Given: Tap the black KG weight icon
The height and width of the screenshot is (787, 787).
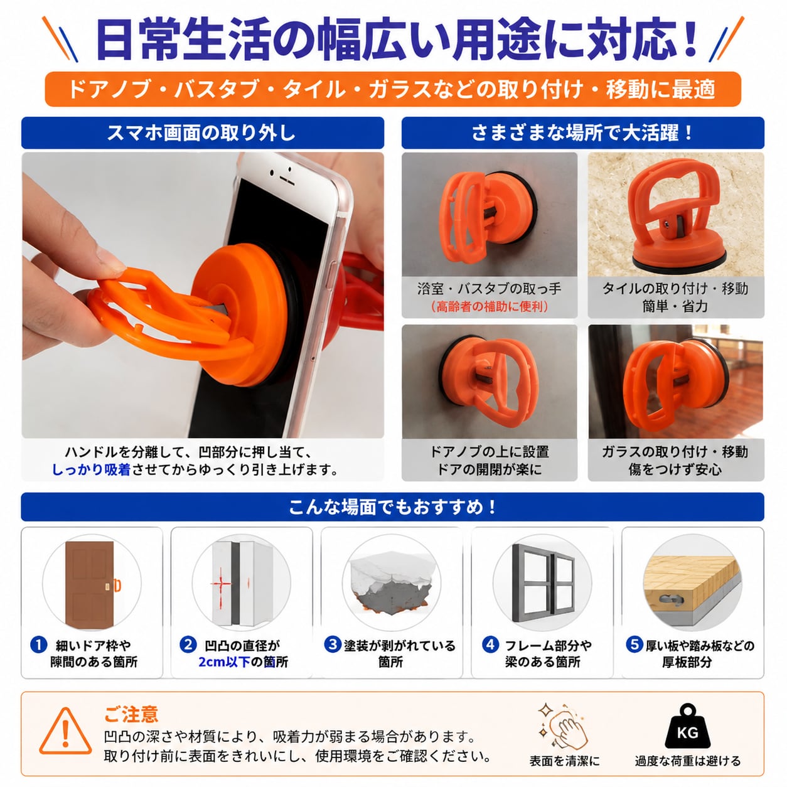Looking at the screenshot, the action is tap(687, 726).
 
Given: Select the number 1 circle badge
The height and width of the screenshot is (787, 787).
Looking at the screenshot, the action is tap(39, 645).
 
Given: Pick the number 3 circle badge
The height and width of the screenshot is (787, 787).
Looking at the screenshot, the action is tap(333, 645).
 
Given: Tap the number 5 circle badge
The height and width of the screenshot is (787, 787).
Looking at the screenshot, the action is tap(634, 645).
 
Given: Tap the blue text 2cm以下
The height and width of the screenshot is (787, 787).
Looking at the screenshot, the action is tap(224, 661).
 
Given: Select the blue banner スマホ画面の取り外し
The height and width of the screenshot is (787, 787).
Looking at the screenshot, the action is tap(203, 132).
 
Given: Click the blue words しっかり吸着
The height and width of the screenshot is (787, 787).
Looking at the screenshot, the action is tap(91, 469).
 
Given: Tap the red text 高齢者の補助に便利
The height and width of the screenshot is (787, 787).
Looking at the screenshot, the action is tap(490, 306).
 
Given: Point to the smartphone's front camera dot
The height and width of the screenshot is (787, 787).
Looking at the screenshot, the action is tap(272, 173).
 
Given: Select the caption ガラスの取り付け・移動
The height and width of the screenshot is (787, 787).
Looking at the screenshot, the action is tap(675, 452).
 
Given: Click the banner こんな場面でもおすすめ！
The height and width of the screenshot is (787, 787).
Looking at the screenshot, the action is tap(392, 507).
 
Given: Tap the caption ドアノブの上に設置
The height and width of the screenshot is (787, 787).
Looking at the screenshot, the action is tap(490, 452).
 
